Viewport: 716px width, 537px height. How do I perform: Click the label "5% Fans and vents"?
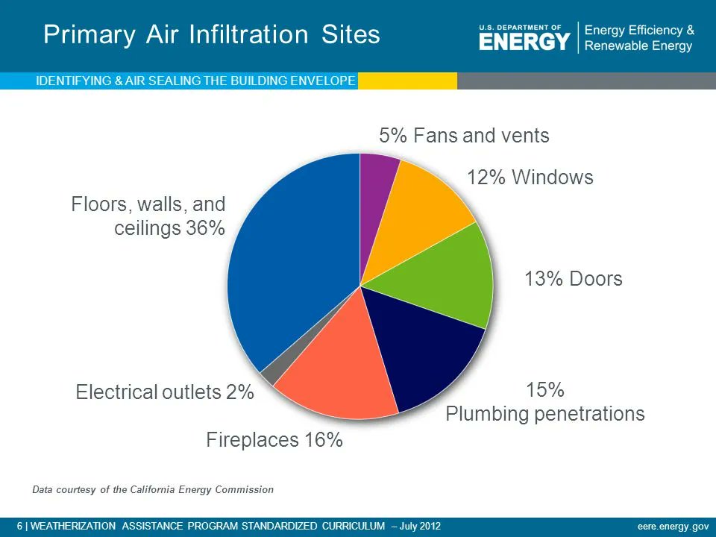464,136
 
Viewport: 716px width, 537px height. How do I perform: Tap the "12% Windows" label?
530,178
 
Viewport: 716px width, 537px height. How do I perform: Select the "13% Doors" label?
573,279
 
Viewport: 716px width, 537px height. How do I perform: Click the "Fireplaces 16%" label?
274,440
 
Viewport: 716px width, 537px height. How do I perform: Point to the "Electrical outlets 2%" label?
165,392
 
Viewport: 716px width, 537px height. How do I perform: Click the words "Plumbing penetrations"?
544,414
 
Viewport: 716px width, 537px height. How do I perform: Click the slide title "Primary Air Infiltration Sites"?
212,35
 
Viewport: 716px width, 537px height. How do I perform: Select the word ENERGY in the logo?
524,42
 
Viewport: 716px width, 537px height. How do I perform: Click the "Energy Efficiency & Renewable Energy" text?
639,38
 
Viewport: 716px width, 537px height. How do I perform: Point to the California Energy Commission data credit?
153,490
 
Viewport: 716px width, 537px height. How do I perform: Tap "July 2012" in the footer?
420,527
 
